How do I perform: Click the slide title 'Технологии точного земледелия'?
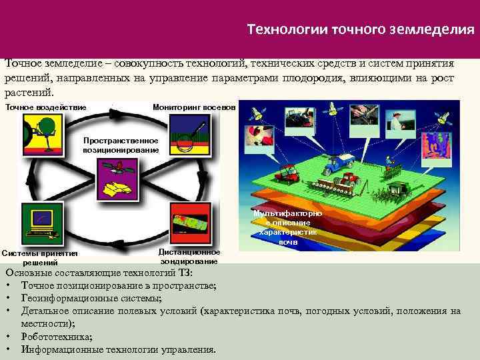coord(361,29)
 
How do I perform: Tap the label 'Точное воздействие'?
coord(45,107)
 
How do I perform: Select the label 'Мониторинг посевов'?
coord(194,107)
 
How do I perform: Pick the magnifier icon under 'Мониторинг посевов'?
coord(191,132)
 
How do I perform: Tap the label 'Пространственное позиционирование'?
coord(121,145)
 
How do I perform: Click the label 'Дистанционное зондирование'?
coord(189,257)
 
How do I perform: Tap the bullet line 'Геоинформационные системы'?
coord(91,298)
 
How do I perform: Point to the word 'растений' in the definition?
coord(27,93)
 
